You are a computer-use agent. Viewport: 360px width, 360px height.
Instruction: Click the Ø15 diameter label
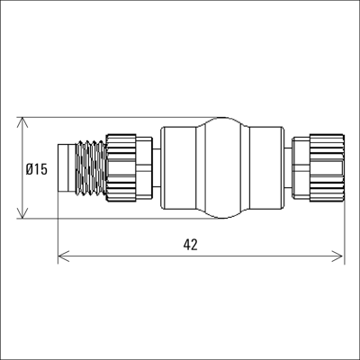pos(37,169)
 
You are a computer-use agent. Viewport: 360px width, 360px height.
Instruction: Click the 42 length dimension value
pos(191,245)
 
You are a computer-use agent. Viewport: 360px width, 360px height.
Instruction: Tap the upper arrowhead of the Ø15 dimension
pos(22,122)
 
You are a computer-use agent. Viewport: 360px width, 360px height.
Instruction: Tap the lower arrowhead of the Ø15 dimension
pos(22,213)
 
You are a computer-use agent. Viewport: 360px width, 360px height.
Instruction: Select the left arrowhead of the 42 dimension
pos(64,256)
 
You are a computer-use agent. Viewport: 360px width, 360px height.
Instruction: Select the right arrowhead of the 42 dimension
pos(337,256)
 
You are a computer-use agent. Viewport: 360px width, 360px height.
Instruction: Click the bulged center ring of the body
pos(222,167)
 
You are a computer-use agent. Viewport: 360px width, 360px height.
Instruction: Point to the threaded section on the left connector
pos(90,168)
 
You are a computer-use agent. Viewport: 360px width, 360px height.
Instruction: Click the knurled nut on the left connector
pos(121,167)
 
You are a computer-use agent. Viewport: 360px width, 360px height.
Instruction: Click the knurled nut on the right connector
pos(327,167)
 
